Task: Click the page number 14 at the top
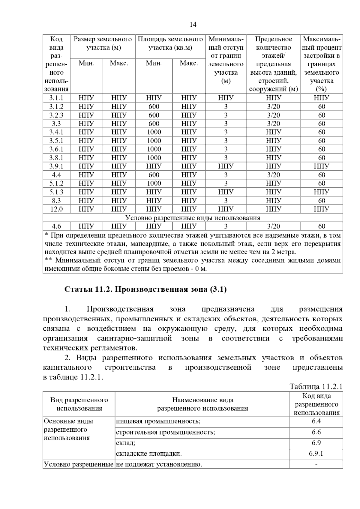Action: tap(193, 25)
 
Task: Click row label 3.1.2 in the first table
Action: tap(56, 106)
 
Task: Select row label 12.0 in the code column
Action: tap(56, 209)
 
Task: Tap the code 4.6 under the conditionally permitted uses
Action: tap(56, 226)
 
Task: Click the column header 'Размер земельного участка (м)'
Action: tap(103, 43)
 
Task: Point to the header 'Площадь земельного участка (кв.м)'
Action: tap(170, 43)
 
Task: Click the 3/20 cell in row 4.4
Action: tap(273, 175)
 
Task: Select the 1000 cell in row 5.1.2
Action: tap(154, 183)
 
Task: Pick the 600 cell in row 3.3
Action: tap(154, 124)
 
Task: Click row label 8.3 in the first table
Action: tap(56, 201)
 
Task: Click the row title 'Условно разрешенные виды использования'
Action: tap(193, 218)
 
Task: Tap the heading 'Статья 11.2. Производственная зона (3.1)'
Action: tap(145, 289)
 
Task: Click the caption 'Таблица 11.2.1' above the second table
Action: tap(316, 386)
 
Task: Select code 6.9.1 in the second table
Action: tap(316, 454)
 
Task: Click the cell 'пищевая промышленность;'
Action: tap(158, 421)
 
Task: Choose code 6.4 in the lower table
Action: tap(316, 421)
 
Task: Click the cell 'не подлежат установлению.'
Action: tap(159, 464)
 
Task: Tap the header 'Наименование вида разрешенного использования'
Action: tap(202, 404)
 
